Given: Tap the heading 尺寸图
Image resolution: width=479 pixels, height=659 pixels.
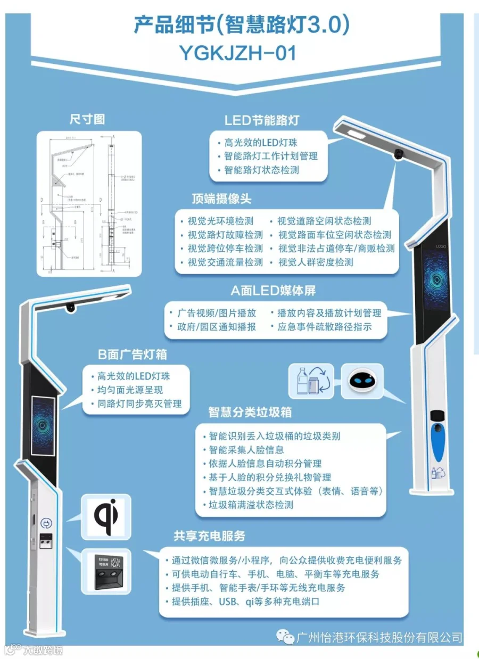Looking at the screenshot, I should pyautogui.click(x=87, y=119).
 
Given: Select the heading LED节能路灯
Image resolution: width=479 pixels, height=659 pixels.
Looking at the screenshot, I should pyautogui.click(x=261, y=120).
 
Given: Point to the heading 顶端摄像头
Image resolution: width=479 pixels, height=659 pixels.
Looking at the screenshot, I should pyautogui.click(x=221, y=199).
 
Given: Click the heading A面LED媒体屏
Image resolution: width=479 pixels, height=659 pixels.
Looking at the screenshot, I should pyautogui.click(x=273, y=290).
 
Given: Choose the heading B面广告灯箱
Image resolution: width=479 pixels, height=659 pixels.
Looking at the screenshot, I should pyautogui.click(x=133, y=355).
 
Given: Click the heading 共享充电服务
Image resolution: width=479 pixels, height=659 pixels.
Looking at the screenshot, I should pyautogui.click(x=209, y=536).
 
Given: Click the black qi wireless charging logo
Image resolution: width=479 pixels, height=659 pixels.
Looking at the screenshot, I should pyautogui.click(x=107, y=516).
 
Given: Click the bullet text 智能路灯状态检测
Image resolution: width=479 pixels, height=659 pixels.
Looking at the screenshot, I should pyautogui.click(x=261, y=170).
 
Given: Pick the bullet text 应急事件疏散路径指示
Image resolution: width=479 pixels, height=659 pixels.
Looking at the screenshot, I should pyautogui.click(x=324, y=326).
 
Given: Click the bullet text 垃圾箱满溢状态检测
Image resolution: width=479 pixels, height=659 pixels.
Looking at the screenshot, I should pyautogui.click(x=251, y=505).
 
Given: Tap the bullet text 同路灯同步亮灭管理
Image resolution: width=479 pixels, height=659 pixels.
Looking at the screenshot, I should pyautogui.click(x=139, y=403).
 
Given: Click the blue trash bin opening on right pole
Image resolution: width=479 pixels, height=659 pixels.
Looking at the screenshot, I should pyautogui.click(x=437, y=445).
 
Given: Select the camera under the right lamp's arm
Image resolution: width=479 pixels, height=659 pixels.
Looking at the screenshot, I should pyautogui.click(x=398, y=154).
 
